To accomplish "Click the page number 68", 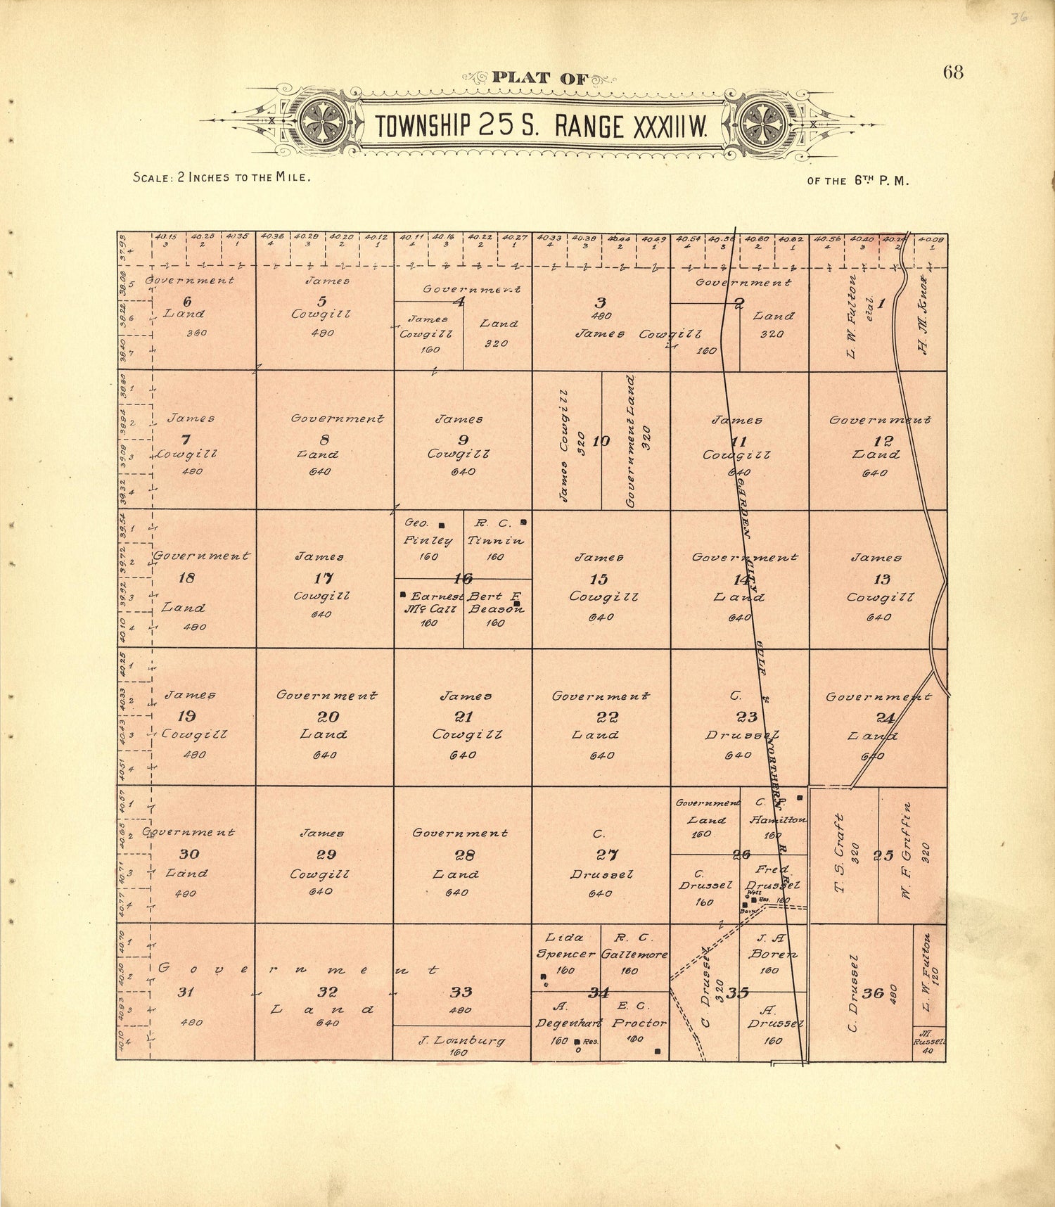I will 953,72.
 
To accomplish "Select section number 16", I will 463,578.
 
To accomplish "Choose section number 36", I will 873,992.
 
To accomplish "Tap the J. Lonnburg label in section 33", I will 461,1040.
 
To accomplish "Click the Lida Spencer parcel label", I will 564,945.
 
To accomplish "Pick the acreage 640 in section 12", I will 875,473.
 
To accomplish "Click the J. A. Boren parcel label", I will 772,946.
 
